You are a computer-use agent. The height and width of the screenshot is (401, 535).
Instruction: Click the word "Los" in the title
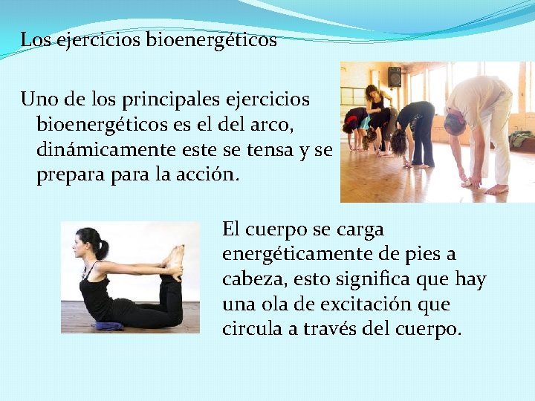tap(33, 40)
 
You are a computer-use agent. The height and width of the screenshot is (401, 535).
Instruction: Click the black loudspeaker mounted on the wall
tap(395, 76)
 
